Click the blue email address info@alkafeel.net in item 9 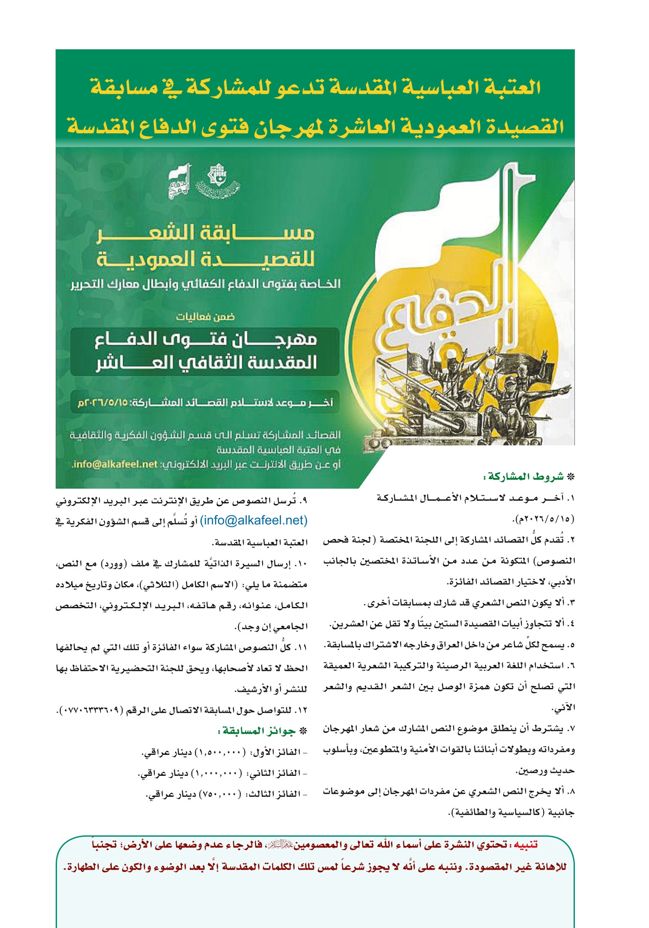point(254,520)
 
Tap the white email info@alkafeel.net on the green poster point(115,465)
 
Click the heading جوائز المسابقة point(259,731)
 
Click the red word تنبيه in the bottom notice point(526,845)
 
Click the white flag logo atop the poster point(179,183)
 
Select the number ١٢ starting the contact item point(302,710)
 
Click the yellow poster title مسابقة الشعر point(206,234)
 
